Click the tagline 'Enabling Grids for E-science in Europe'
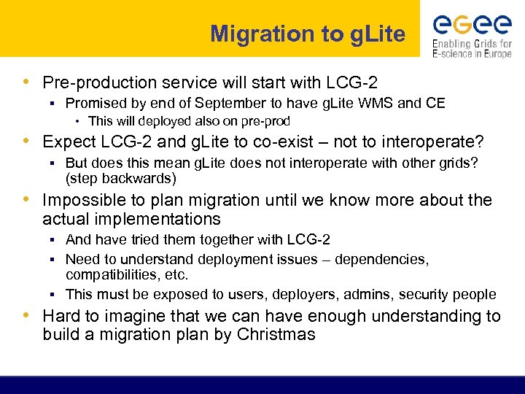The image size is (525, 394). tap(472, 48)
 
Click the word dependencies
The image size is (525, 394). tap(382, 259)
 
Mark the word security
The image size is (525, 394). tap(432, 294)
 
